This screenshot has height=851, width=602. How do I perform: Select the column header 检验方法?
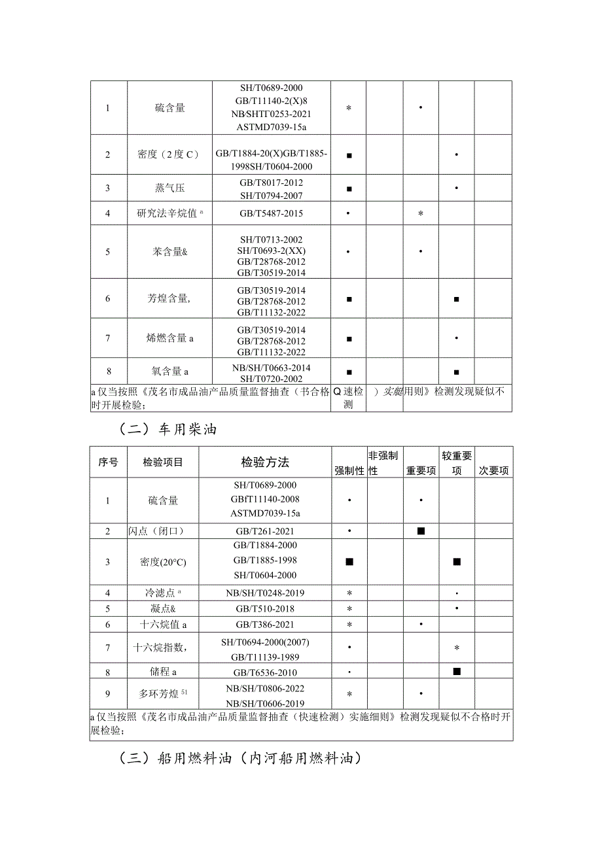(265, 462)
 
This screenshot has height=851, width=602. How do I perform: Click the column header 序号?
(108, 462)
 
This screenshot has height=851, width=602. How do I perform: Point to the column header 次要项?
(493, 470)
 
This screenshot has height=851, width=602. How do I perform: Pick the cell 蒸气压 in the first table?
(169, 188)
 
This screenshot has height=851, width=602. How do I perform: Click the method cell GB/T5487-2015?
(271, 213)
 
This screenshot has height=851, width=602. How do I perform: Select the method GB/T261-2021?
(265, 531)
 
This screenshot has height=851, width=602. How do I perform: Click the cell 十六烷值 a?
(163, 625)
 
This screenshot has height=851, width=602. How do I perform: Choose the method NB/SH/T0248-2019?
(265, 593)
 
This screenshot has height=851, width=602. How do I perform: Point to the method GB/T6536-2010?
(265, 672)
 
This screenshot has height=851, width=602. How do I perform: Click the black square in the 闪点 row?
(421, 531)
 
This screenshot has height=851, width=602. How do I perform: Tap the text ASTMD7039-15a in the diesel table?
(265, 513)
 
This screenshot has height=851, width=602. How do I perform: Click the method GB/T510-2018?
(265, 609)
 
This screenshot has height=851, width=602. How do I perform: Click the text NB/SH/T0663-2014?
(271, 368)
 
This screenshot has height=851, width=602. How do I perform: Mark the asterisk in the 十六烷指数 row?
(457, 648)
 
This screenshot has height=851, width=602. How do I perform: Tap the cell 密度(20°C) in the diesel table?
(163, 561)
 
